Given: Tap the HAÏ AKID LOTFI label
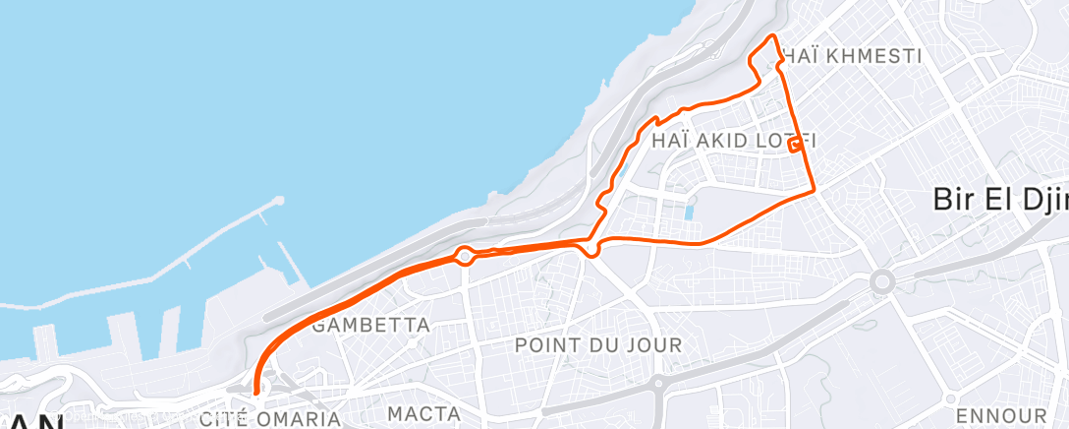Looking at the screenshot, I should (734, 141).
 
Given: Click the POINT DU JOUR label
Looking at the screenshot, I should (598, 345).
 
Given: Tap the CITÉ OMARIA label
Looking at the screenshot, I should (270, 419).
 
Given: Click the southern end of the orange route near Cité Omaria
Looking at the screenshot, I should (256, 392).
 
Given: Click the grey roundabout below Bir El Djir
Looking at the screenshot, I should (881, 282).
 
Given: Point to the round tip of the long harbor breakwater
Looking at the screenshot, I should (279, 201).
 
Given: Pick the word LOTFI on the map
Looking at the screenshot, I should (782, 141).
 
